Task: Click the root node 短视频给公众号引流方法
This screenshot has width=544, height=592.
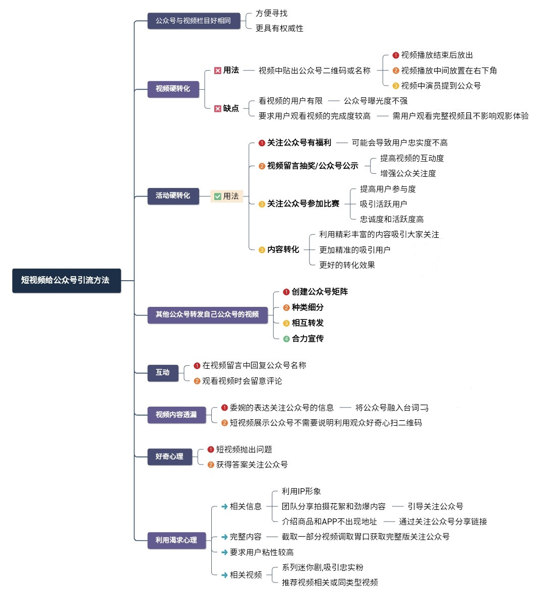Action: click(67, 281)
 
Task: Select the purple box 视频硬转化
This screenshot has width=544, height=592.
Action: click(173, 89)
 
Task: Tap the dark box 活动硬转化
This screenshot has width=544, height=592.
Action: click(173, 196)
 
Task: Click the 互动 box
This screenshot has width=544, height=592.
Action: click(163, 373)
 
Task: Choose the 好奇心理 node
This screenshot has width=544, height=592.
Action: click(169, 457)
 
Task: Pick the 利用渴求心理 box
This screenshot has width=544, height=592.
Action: click(176, 540)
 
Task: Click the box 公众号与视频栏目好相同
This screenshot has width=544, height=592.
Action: click(194, 21)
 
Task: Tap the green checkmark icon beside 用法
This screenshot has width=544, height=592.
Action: click(218, 196)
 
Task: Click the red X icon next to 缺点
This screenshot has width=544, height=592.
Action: click(218, 109)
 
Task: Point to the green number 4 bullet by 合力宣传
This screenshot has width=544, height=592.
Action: click(286, 339)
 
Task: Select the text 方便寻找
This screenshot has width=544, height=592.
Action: click(272, 13)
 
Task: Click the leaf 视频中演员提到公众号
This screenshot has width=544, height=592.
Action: click(441, 86)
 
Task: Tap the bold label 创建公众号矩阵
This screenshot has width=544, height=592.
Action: click(320, 292)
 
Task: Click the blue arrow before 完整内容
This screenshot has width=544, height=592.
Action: click(225, 537)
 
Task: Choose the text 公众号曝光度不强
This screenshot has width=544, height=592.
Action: click(376, 101)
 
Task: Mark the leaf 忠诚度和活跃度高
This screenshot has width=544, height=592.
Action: click(392, 219)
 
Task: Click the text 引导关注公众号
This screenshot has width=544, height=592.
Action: click(436, 506)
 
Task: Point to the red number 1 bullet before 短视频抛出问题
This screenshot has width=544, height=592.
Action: click(211, 449)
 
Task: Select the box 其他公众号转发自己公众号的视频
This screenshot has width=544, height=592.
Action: click(207, 314)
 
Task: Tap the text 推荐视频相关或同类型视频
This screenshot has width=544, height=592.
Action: click(330, 582)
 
